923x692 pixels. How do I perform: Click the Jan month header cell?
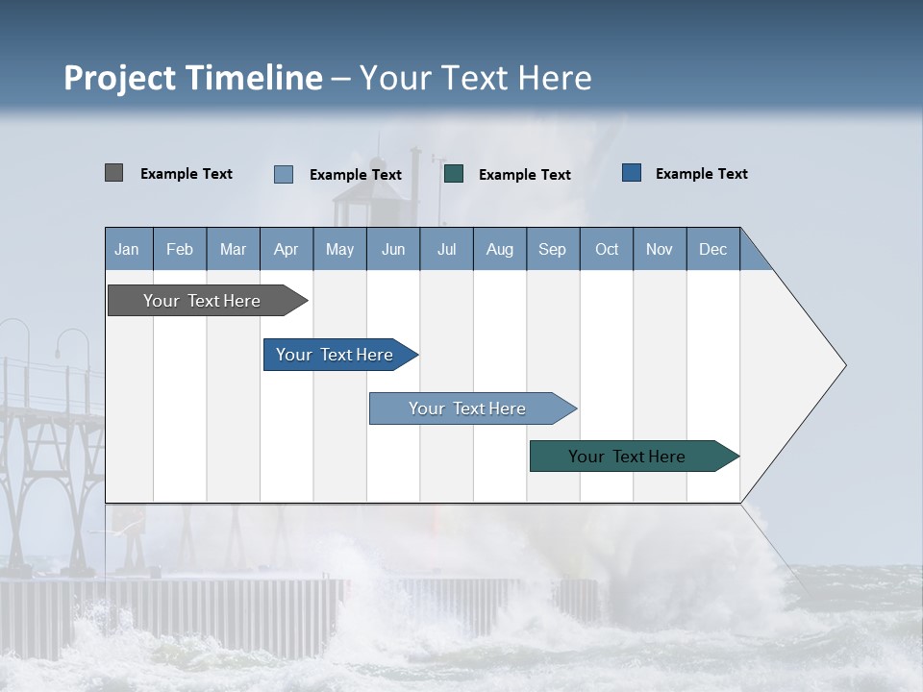click(128, 249)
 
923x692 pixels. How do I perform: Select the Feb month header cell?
click(180, 249)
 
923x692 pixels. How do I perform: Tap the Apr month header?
click(287, 249)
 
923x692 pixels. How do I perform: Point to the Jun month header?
click(393, 249)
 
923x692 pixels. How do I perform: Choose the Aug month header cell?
click(500, 249)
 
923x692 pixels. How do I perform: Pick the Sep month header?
click(553, 249)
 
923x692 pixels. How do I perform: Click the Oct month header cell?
click(607, 249)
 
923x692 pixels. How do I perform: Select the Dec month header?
click(713, 249)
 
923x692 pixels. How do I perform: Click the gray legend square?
click(113, 173)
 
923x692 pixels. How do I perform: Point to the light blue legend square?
click(284, 174)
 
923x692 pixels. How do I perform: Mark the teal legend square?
click(454, 174)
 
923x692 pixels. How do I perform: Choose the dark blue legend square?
click(632, 173)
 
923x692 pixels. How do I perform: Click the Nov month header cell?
click(660, 249)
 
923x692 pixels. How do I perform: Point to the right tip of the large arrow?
click(843, 365)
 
